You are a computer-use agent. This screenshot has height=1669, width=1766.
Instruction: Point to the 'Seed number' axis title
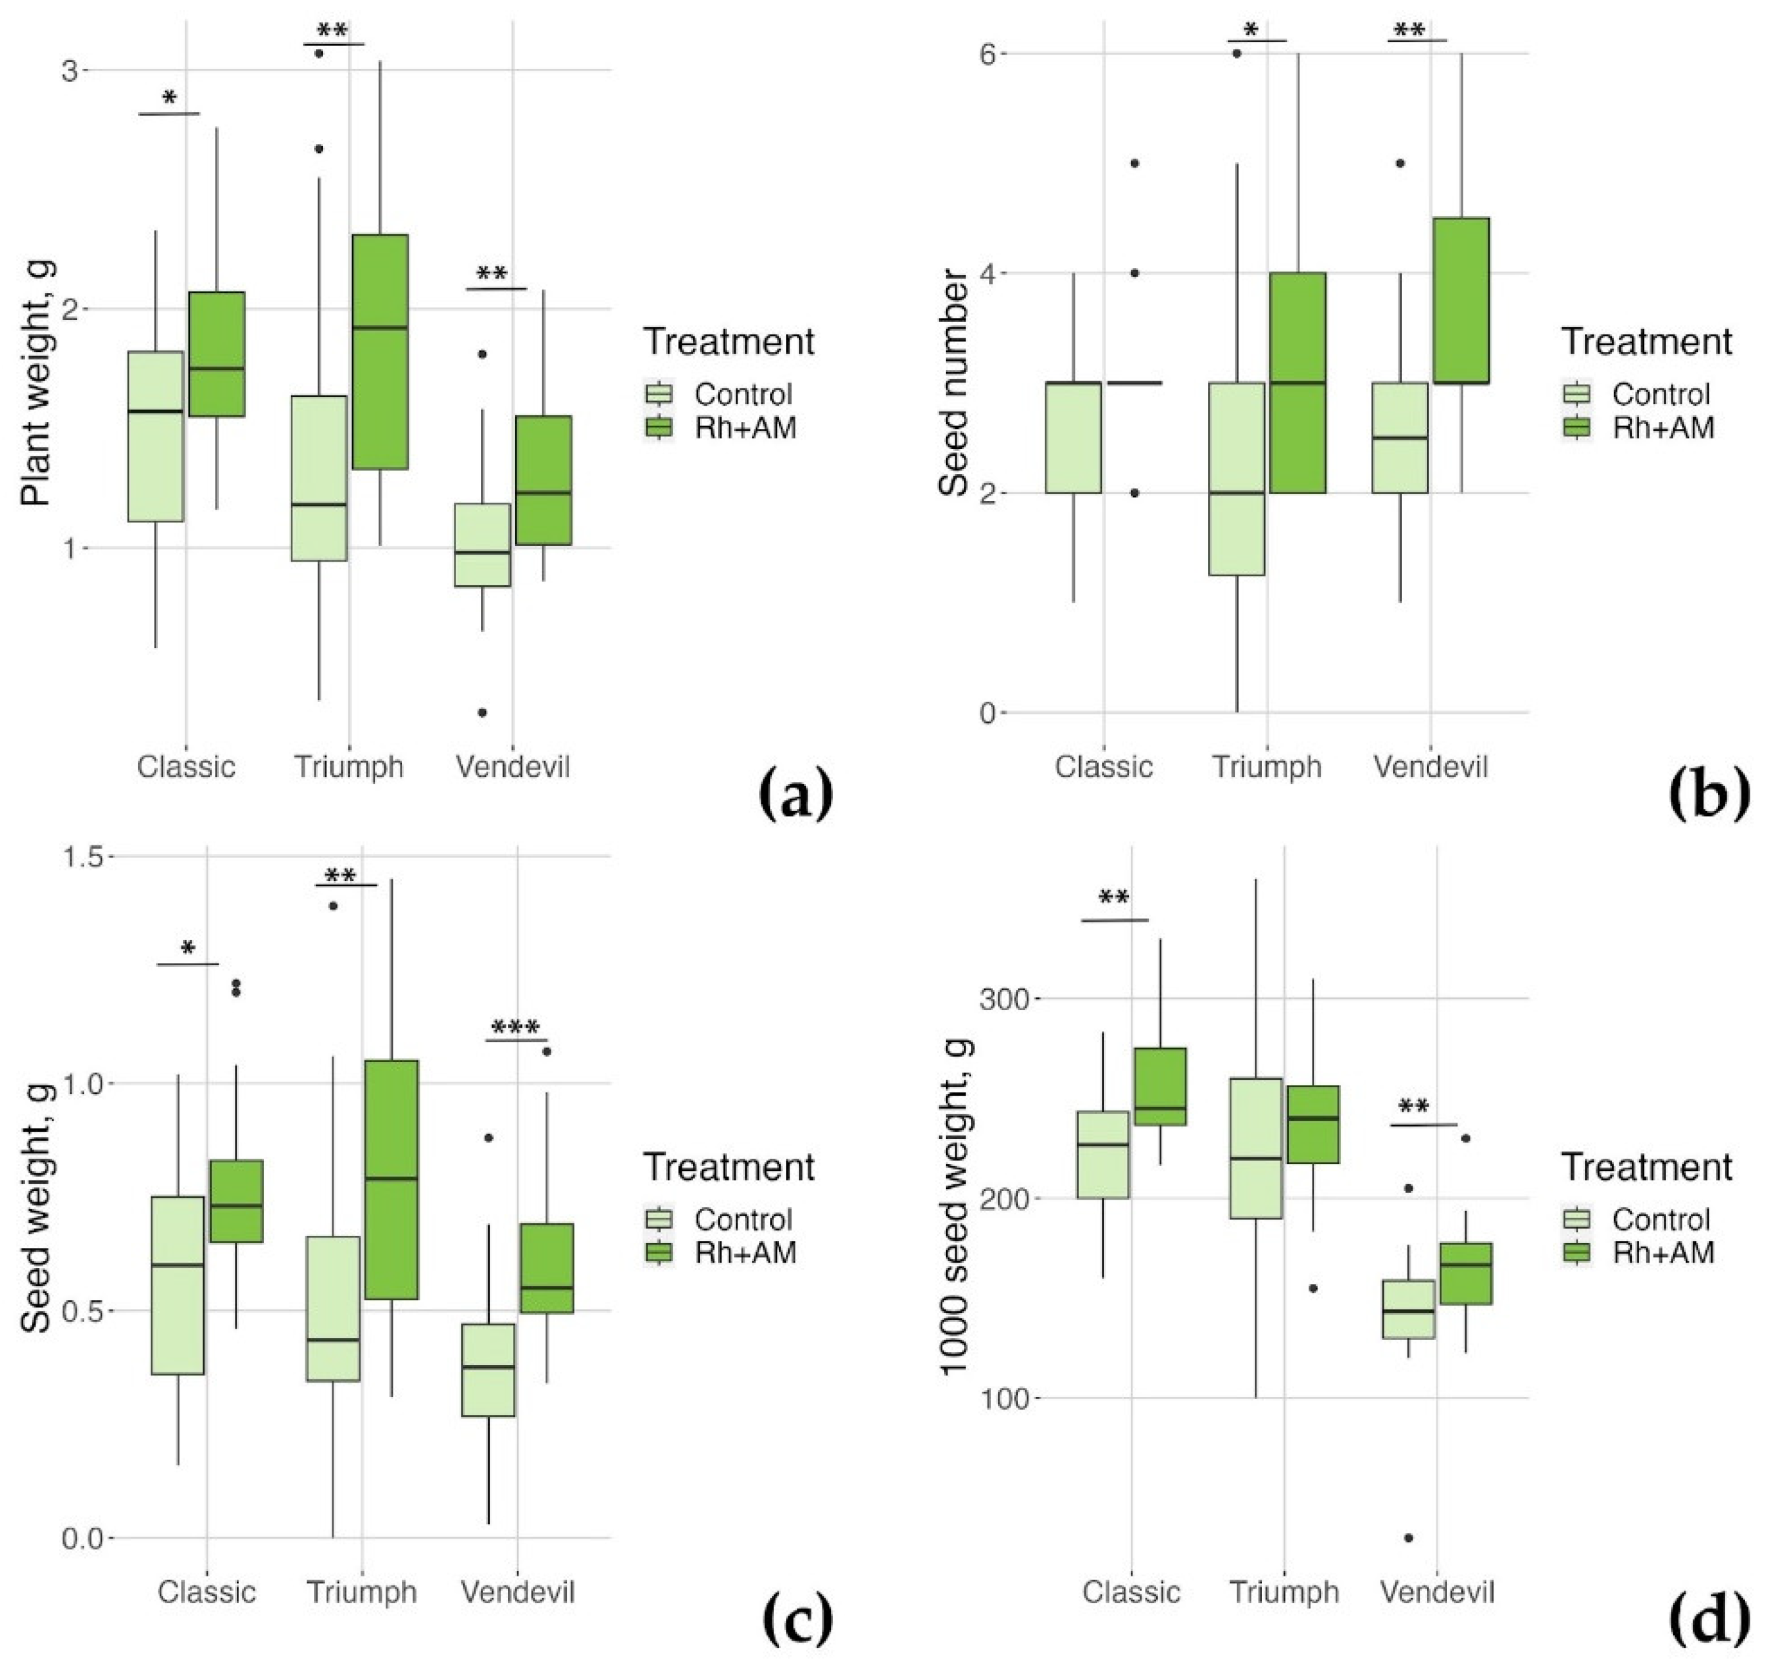coord(953,383)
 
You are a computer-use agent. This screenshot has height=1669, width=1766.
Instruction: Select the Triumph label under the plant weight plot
coord(349,767)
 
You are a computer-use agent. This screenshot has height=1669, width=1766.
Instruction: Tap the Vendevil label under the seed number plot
coord(1430,767)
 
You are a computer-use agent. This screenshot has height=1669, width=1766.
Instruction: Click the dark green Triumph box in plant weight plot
coord(380,352)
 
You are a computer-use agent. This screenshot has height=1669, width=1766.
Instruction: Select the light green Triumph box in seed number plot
coord(1236,479)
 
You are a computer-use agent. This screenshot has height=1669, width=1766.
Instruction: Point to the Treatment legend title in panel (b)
coord(1647,342)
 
